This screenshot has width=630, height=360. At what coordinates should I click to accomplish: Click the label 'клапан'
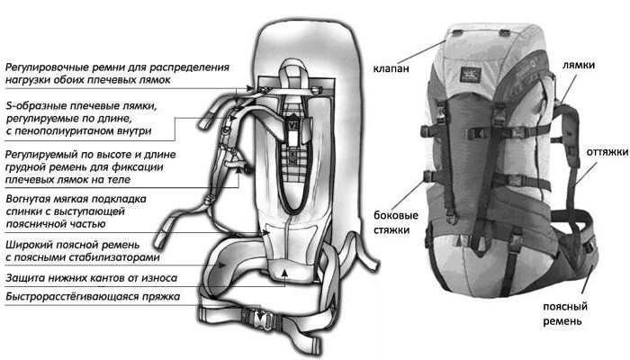click(x=391, y=68)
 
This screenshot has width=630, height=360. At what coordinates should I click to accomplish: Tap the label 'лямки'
click(x=578, y=65)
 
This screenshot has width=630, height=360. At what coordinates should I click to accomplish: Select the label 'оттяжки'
click(x=607, y=152)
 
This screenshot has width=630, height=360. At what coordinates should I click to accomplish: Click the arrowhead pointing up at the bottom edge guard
click(x=284, y=273)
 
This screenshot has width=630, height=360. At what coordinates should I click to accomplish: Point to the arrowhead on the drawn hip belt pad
click(x=220, y=265)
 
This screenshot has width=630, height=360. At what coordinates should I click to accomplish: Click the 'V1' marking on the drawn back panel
click(x=292, y=126)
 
